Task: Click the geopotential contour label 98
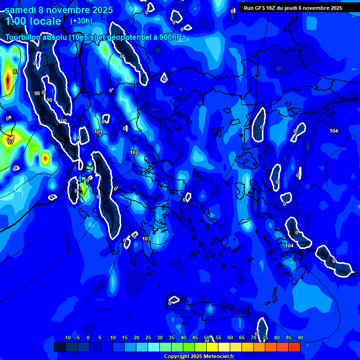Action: pyautogui.click(x=37, y=93)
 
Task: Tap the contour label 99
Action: pyautogui.click(x=49, y=100)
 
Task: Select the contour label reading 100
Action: pyautogui.click(x=63, y=121)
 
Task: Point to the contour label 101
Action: pyautogui.click(x=98, y=132)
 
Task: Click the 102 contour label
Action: pyautogui.click(x=134, y=152)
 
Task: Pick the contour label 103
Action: pyautogui.click(x=146, y=239)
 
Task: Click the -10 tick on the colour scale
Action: pyautogui.click(x=67, y=337)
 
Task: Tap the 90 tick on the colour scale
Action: pyautogui.click(x=300, y=337)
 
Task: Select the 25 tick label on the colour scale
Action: pyautogui.click(x=148, y=337)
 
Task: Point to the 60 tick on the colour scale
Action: pyautogui.click(x=230, y=337)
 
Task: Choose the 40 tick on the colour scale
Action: pyautogui.click(x=183, y=337)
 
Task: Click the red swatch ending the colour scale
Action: pyautogui.click(x=294, y=347)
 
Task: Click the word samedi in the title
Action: pyautogui.click(x=21, y=9)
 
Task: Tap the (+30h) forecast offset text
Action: pyautogui.click(x=81, y=21)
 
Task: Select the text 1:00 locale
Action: pyautogui.click(x=33, y=21)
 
